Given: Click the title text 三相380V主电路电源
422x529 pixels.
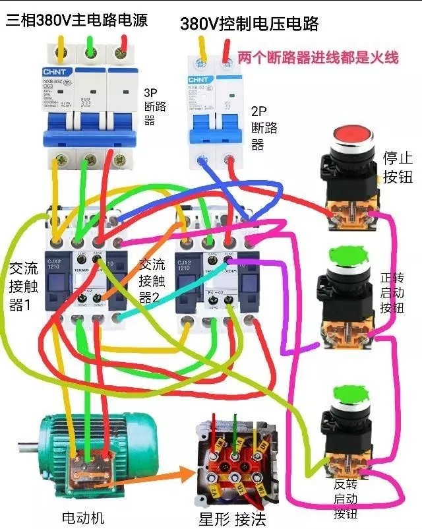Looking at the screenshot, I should point(76,19).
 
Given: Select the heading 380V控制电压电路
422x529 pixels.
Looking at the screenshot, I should point(249,24).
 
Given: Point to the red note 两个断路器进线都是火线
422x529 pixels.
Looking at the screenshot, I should point(318,57).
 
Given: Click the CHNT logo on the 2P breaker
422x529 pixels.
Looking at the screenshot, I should point(198,80).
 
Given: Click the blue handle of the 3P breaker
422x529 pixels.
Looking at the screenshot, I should point(86,121).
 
